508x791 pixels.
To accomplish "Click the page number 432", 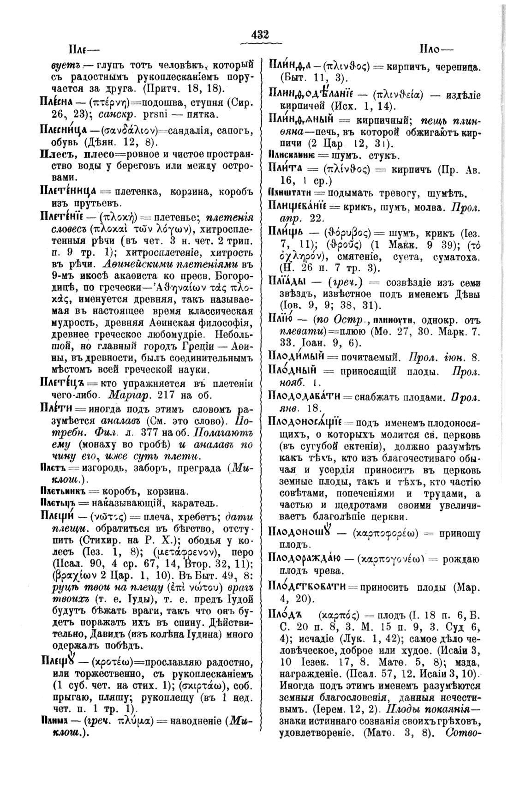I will (260, 35).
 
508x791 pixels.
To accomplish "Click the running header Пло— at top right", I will (436, 49).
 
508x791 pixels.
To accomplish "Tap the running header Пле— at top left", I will (84, 49).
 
